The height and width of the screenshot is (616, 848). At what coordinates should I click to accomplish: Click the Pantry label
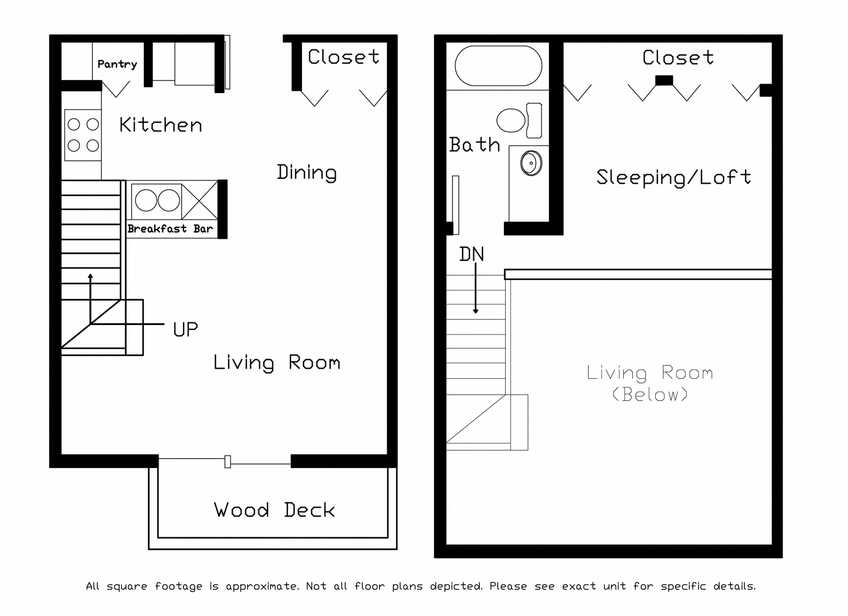pos(117,64)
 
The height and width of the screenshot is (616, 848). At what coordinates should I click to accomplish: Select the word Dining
pos(307,173)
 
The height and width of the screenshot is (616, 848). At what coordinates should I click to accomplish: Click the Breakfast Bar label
pos(170,229)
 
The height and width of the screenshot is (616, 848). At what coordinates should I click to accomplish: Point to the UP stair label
pos(186,329)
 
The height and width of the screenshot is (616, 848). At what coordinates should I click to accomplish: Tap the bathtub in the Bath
pos(498,66)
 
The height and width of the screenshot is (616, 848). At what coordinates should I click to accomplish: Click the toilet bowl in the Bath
pos(511,120)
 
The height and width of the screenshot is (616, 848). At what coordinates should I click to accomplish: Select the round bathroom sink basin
pos(531,163)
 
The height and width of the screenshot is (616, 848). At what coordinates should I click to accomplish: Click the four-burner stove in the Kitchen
pos(83,135)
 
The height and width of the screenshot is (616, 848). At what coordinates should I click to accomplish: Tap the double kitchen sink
pos(157,200)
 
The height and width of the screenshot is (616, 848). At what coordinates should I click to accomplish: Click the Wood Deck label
pos(274,510)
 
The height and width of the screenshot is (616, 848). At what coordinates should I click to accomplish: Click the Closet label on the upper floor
pos(678,58)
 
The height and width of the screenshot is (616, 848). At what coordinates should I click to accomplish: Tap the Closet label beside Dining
pos(343,57)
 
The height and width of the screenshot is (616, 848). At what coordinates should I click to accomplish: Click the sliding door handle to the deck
pos(227,461)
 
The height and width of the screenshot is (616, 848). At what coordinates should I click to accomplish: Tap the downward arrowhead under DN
pos(476,311)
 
